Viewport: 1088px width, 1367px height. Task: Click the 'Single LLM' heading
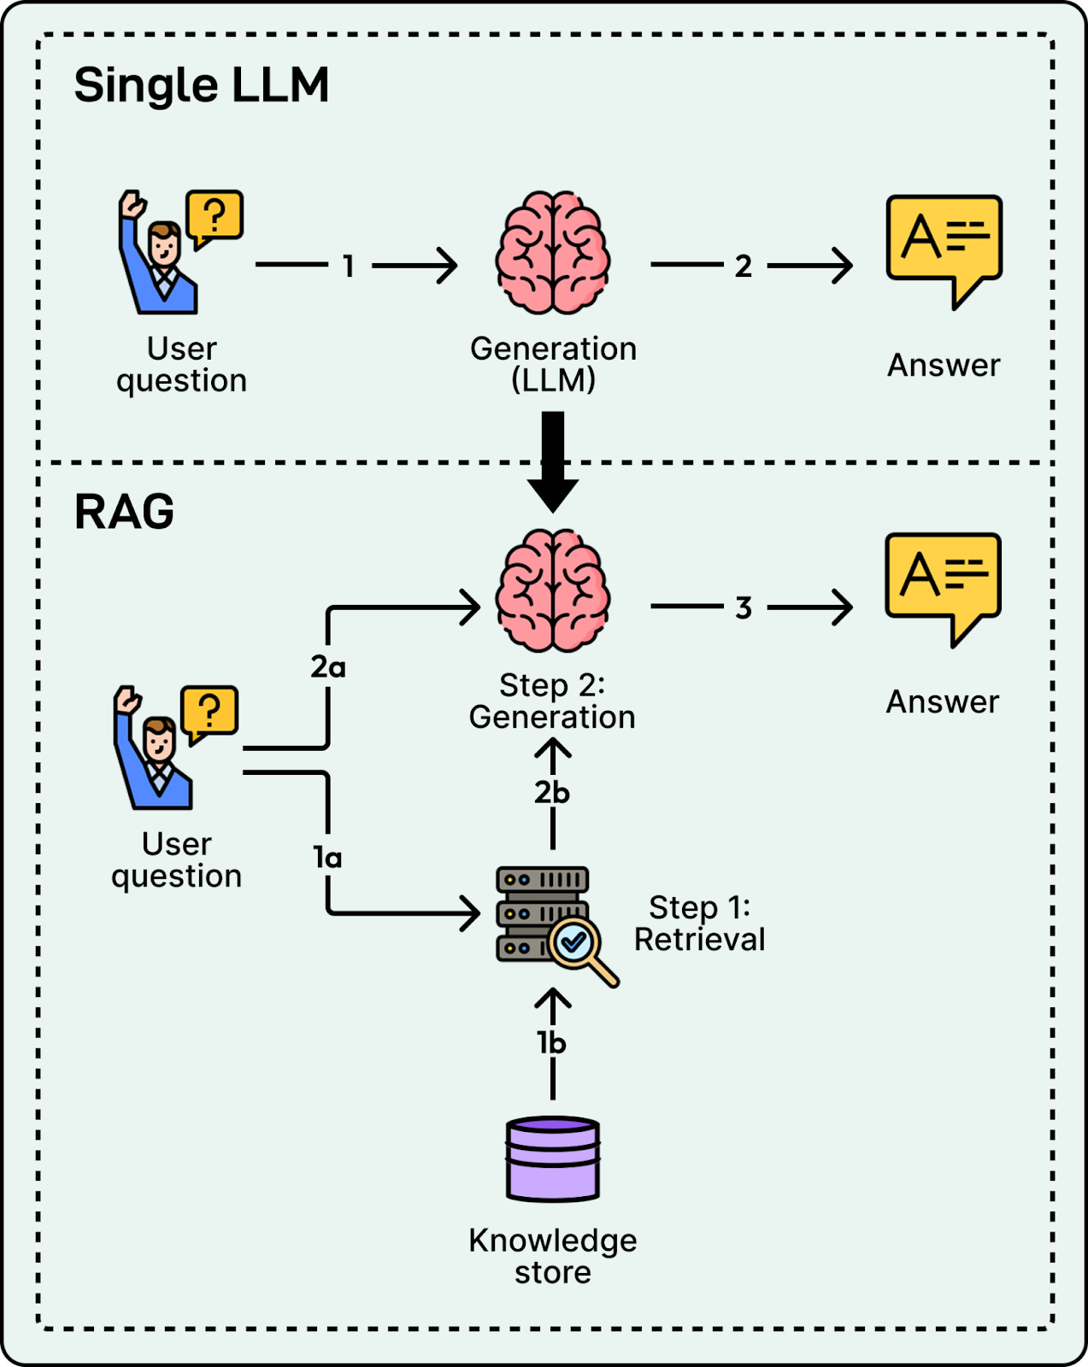click(202, 85)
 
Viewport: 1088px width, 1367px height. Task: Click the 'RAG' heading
click(125, 513)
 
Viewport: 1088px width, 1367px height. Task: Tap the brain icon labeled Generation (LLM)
click(553, 252)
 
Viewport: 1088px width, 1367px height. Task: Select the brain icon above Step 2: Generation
click(553, 590)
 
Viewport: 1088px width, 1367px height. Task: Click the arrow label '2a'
click(328, 666)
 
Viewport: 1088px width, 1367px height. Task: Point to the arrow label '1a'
click(327, 857)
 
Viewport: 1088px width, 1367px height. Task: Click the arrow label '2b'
click(552, 793)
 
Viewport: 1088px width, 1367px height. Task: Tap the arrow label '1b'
click(552, 1043)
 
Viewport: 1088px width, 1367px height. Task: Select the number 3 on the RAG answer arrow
click(744, 608)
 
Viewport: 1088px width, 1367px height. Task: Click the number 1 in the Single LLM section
click(348, 267)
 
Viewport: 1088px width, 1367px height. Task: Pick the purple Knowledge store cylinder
click(553, 1159)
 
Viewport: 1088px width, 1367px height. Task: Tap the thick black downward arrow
click(553, 461)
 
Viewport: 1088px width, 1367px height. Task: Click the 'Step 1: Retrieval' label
click(699, 924)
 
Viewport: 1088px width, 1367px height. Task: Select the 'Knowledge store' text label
click(553, 1256)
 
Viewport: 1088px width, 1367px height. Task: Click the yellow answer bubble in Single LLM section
click(944, 243)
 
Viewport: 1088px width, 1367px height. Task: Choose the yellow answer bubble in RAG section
click(943, 581)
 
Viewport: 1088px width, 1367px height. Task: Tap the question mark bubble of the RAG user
click(209, 711)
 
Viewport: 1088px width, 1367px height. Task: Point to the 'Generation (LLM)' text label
click(553, 364)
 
